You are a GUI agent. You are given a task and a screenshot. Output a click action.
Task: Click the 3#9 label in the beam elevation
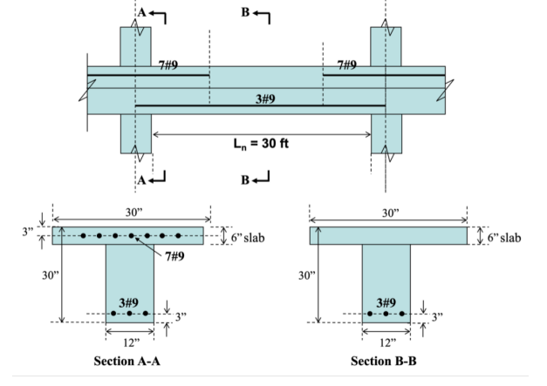(267, 98)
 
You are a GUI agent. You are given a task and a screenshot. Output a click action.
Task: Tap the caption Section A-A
(128, 362)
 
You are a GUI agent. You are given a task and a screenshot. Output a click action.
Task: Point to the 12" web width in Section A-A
(130, 338)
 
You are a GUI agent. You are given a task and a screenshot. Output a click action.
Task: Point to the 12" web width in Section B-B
(386, 338)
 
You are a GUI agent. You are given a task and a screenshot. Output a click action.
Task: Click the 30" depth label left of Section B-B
(305, 277)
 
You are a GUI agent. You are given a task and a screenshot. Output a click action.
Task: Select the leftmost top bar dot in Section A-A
(83, 235)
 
